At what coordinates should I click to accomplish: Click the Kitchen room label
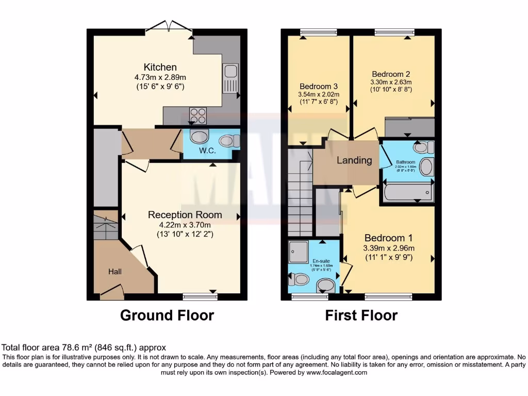160,67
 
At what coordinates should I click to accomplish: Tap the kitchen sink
230,78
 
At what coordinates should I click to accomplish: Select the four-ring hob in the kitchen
197,114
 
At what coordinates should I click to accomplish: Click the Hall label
114,271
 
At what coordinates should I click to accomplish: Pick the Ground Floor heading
167,315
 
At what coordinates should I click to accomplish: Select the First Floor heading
361,315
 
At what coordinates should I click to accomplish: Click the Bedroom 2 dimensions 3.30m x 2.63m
391,82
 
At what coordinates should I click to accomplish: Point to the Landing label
354,160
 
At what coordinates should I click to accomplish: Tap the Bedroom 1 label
388,238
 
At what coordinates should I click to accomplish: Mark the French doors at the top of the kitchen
169,28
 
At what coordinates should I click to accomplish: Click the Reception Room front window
200,296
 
